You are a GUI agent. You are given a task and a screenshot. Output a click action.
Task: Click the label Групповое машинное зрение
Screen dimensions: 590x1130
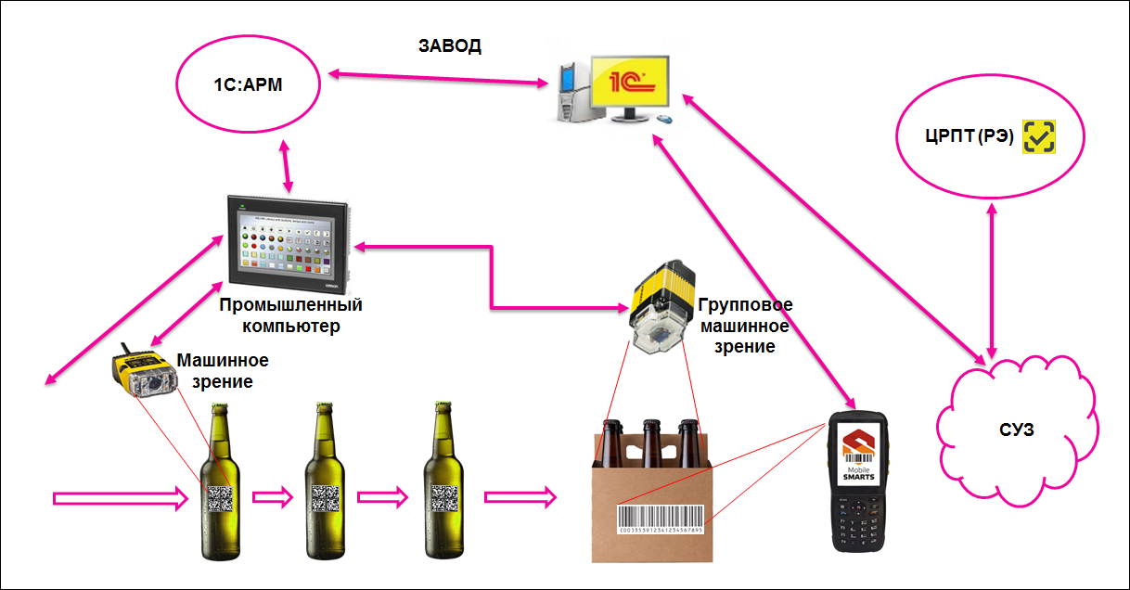click(745, 325)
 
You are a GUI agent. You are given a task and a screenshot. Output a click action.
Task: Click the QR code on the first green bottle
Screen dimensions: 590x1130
click(221, 498)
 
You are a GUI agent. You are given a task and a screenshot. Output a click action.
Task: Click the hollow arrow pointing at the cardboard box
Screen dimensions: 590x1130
click(520, 498)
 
